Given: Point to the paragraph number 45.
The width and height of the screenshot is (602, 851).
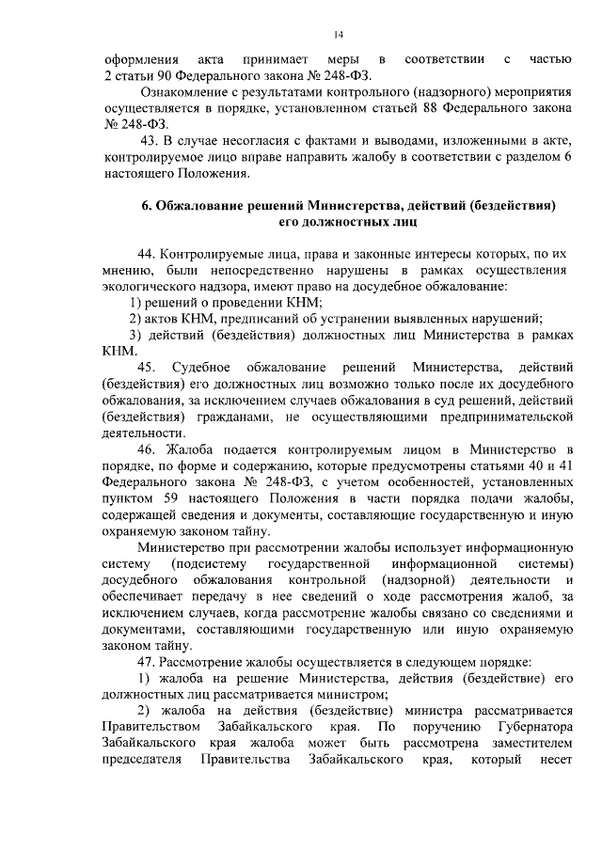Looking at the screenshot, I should coord(148,366).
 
